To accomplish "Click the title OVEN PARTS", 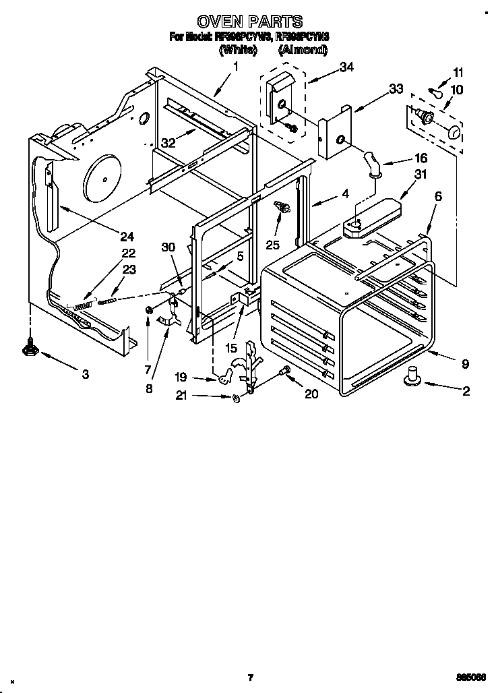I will click(x=249, y=22).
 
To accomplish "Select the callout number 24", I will click(x=127, y=236).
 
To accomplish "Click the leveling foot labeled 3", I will click(x=30, y=347).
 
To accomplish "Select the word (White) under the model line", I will click(x=238, y=50).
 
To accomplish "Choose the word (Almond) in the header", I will click(x=303, y=50).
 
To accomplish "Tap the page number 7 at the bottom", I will click(x=249, y=677).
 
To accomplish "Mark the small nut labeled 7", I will click(x=147, y=310).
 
